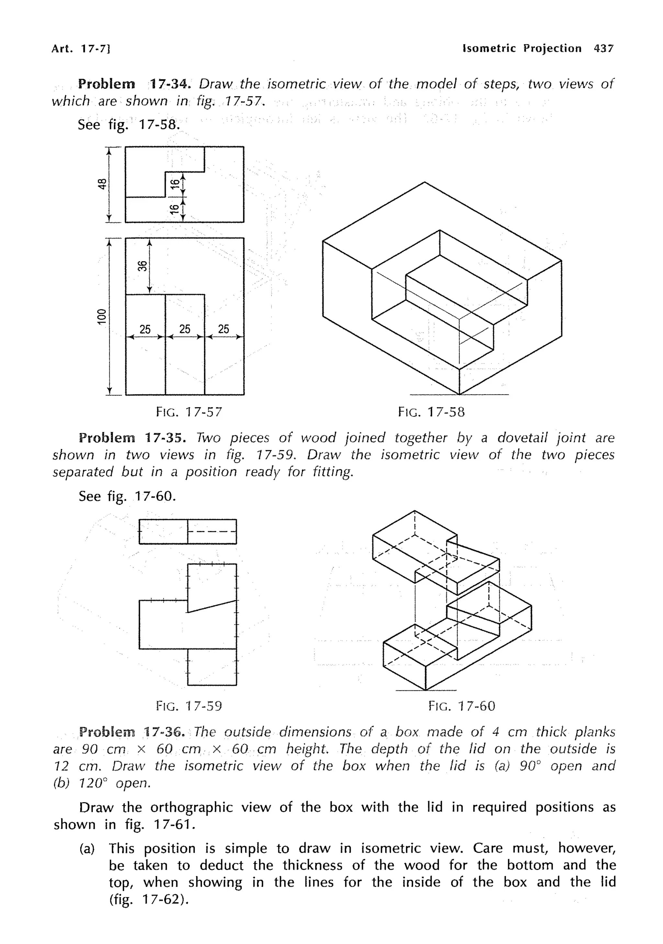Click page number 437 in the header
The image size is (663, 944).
603,49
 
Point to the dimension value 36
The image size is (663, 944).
142,266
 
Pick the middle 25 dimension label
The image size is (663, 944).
185,329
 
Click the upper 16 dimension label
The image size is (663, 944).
175,183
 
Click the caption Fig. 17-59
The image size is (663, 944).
189,706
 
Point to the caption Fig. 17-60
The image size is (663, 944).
461,706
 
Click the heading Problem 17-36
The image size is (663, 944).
132,732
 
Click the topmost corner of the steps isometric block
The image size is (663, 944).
424,182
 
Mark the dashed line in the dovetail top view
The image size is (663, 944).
212,531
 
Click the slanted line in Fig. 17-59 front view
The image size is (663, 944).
212,606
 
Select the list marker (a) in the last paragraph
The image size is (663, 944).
87,848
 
